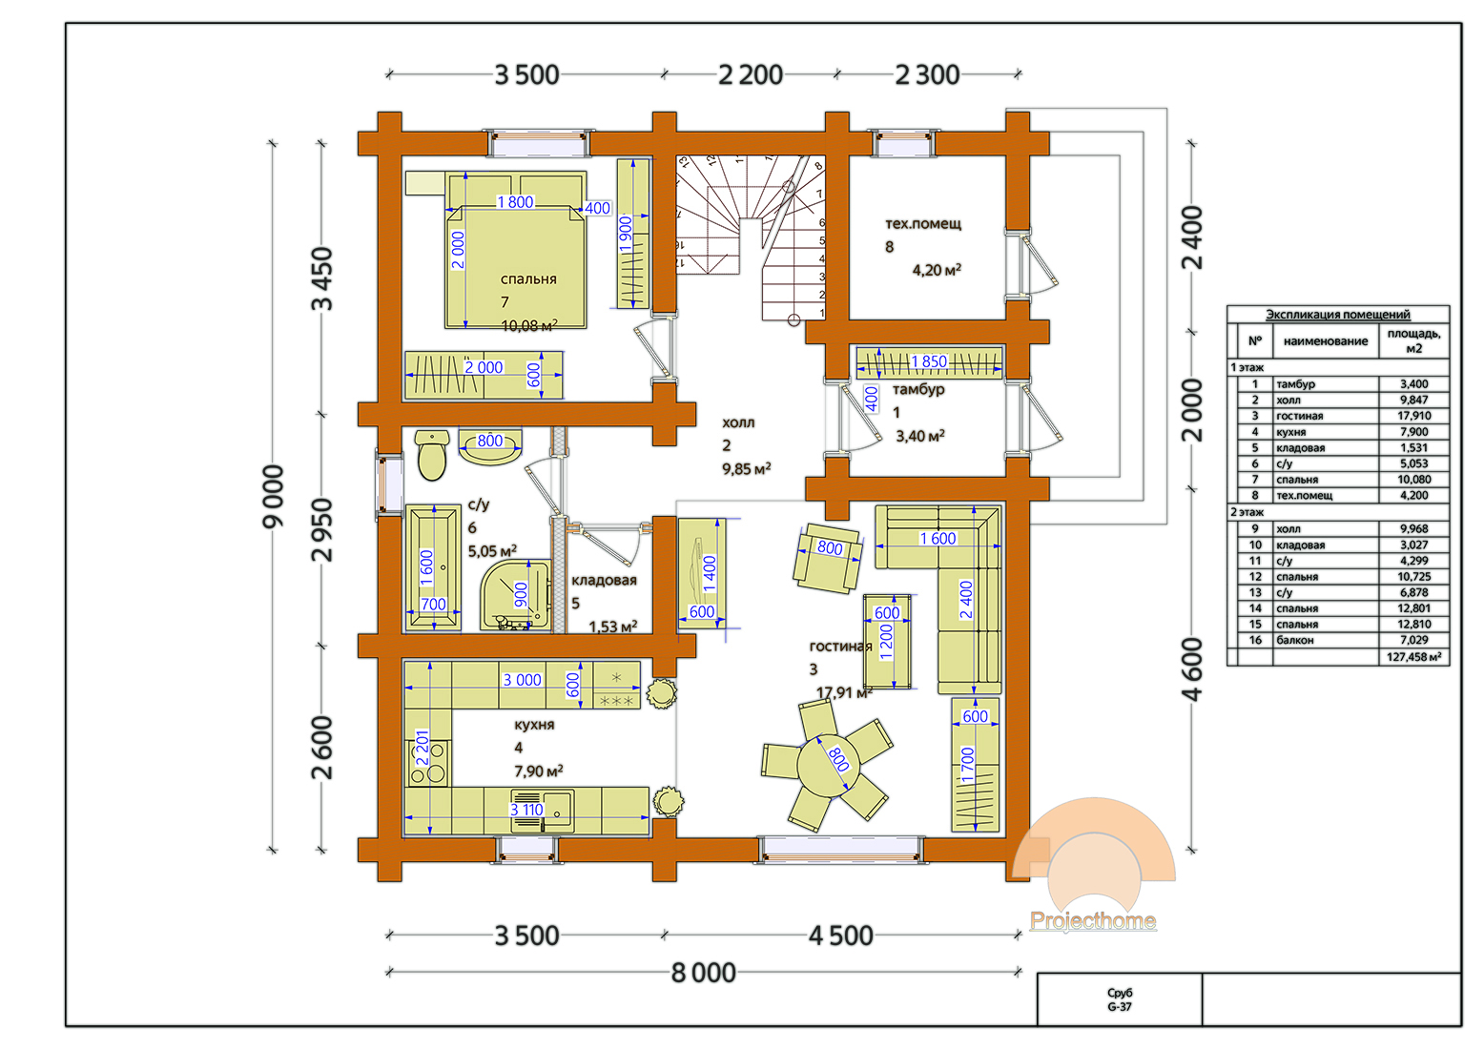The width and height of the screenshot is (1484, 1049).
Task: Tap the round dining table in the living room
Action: [828, 766]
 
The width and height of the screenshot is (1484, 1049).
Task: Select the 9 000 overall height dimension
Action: [273, 497]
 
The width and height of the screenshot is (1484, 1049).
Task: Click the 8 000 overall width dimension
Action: [704, 973]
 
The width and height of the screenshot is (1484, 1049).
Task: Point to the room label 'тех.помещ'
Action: [923, 224]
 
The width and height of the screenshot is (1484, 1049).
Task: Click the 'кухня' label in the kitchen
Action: [534, 725]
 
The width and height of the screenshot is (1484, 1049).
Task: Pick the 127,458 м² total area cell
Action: [1413, 657]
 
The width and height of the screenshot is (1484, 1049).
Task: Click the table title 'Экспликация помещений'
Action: [1337, 315]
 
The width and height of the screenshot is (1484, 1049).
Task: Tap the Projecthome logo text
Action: [1093, 920]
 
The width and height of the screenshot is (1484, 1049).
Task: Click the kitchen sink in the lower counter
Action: [543, 810]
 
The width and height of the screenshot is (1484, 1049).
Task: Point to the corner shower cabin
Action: [516, 595]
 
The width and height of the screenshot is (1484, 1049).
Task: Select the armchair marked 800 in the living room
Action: [828, 558]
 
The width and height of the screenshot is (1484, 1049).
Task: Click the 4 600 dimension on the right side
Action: [1192, 669]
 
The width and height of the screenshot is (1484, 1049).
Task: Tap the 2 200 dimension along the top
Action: [751, 74]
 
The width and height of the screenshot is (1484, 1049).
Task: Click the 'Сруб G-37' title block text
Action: [1120, 1000]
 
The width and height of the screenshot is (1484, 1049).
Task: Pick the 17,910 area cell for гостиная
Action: [1413, 416]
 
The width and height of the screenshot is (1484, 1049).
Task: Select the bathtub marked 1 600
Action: [433, 567]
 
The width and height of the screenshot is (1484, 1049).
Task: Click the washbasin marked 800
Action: [490, 447]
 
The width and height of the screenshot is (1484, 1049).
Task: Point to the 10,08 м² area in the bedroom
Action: [529, 325]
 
